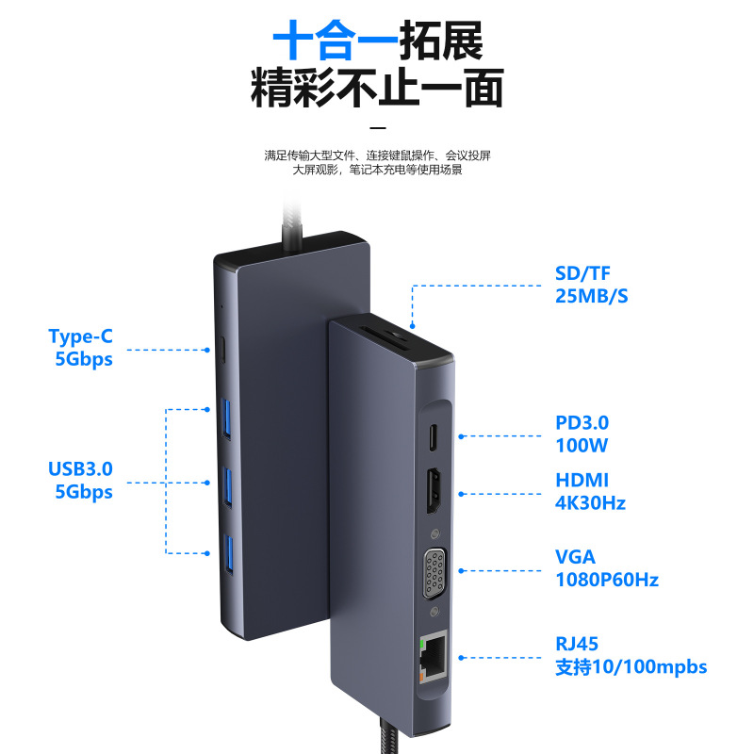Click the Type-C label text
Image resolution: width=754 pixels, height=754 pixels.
pos(80,336)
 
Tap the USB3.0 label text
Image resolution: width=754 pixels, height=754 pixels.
pos(80,468)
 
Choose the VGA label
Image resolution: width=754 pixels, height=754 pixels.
pos(576,557)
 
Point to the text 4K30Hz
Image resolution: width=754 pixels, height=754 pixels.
pos(590,502)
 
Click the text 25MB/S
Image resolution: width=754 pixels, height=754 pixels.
pos(591,296)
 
